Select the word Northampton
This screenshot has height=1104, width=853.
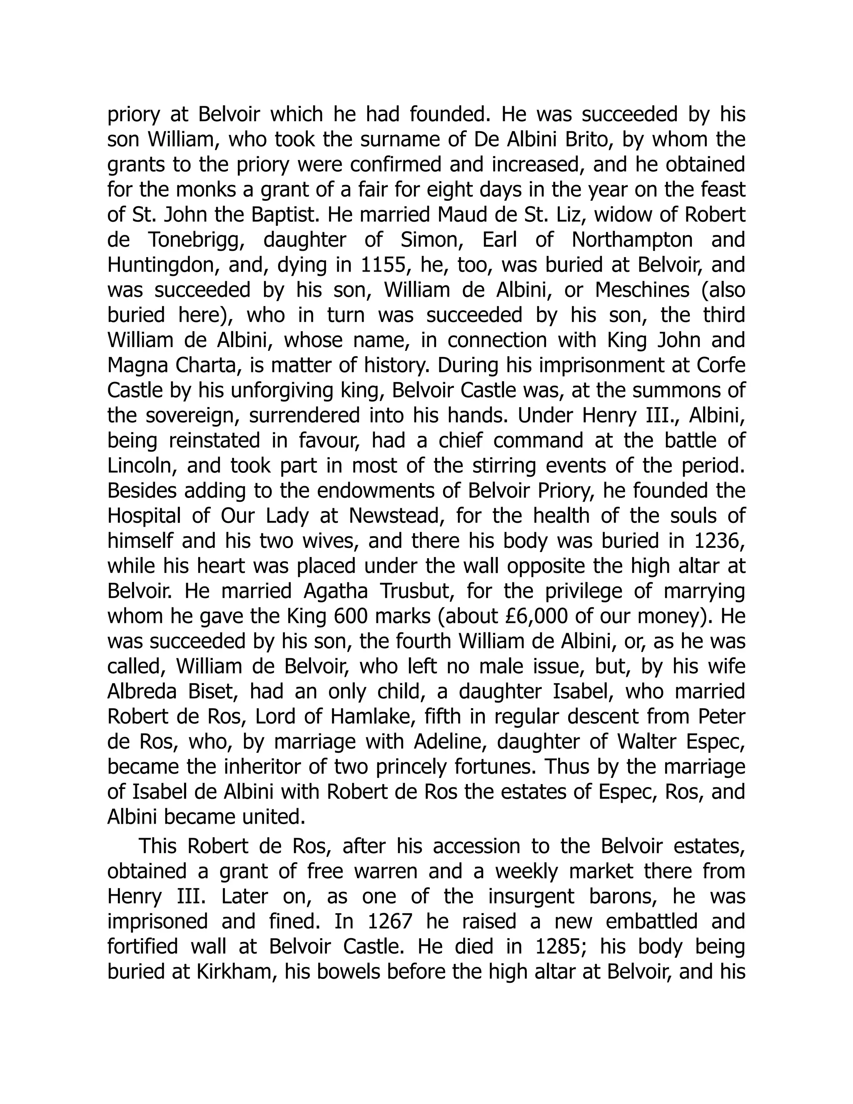(x=632, y=240)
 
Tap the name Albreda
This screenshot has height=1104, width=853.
(x=142, y=692)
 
